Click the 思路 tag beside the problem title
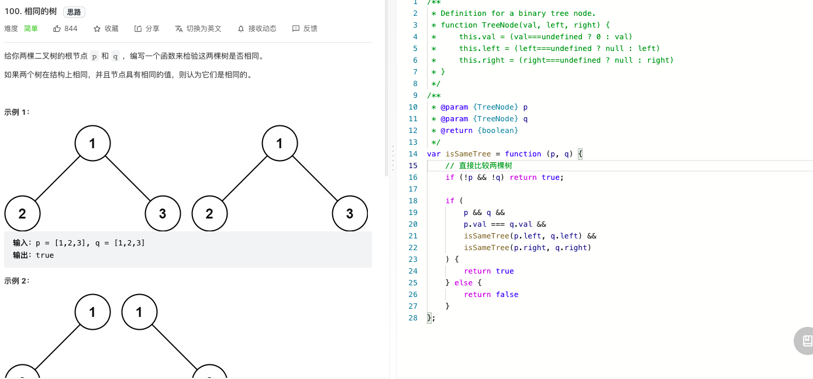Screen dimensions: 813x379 click(74, 12)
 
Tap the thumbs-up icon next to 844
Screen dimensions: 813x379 click(57, 28)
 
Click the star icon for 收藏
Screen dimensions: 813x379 click(97, 29)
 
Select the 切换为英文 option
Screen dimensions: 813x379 click(204, 28)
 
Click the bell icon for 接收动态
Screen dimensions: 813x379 click(241, 29)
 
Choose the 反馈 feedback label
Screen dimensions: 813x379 click(310, 28)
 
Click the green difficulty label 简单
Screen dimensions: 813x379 click(31, 28)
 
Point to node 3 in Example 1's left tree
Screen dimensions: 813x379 click(163, 214)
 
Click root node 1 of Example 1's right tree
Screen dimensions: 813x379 click(280, 144)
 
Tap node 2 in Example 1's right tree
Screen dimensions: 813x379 click(209, 214)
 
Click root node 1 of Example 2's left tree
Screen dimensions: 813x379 click(92, 312)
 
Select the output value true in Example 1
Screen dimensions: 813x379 click(44, 255)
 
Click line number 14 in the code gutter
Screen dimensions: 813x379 click(413, 153)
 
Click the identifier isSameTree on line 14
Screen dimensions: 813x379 click(468, 153)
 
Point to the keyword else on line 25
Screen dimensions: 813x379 click(463, 283)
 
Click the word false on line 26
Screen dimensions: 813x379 click(507, 294)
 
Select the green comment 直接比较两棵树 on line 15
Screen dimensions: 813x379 click(485, 166)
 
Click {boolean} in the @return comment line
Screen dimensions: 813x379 click(498, 131)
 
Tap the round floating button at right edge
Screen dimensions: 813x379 click(804, 340)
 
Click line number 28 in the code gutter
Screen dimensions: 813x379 click(413, 318)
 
